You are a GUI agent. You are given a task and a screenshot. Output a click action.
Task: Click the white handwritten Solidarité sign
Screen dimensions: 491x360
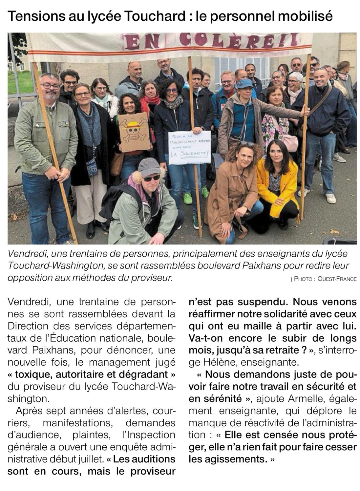pos(190,147)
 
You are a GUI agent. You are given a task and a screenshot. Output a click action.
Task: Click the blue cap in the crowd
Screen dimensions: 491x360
pos(244,83)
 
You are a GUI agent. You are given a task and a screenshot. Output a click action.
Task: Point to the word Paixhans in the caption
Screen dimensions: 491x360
pos(247,265)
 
